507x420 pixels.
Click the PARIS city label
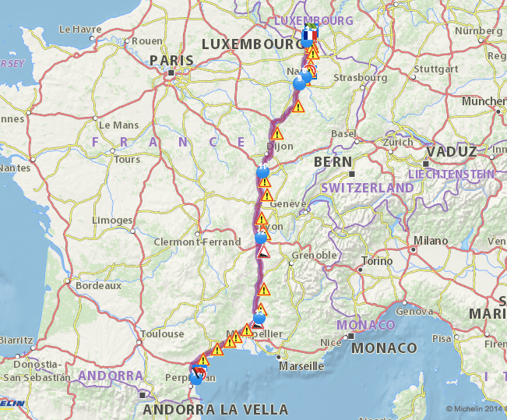coord(171,61)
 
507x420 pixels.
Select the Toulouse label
coord(162,334)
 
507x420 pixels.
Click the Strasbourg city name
coord(360,78)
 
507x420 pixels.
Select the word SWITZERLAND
coord(368,188)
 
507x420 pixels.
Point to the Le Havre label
coord(80,30)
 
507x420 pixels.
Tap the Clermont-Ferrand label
coord(196,242)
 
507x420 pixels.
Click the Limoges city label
coord(111,221)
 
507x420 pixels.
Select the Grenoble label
coord(315,255)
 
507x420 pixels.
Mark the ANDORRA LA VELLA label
coord(215,409)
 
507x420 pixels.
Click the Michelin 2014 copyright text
coord(475,408)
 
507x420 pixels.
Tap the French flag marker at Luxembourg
coord(309,36)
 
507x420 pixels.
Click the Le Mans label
coord(118,125)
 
